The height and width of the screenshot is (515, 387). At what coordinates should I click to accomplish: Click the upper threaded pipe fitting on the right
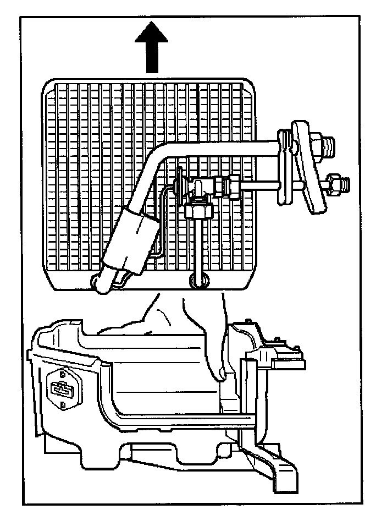(327, 145)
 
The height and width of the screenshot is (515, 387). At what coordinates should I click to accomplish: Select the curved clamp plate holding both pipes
(307, 165)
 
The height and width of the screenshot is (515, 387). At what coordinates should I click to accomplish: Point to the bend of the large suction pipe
(159, 160)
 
